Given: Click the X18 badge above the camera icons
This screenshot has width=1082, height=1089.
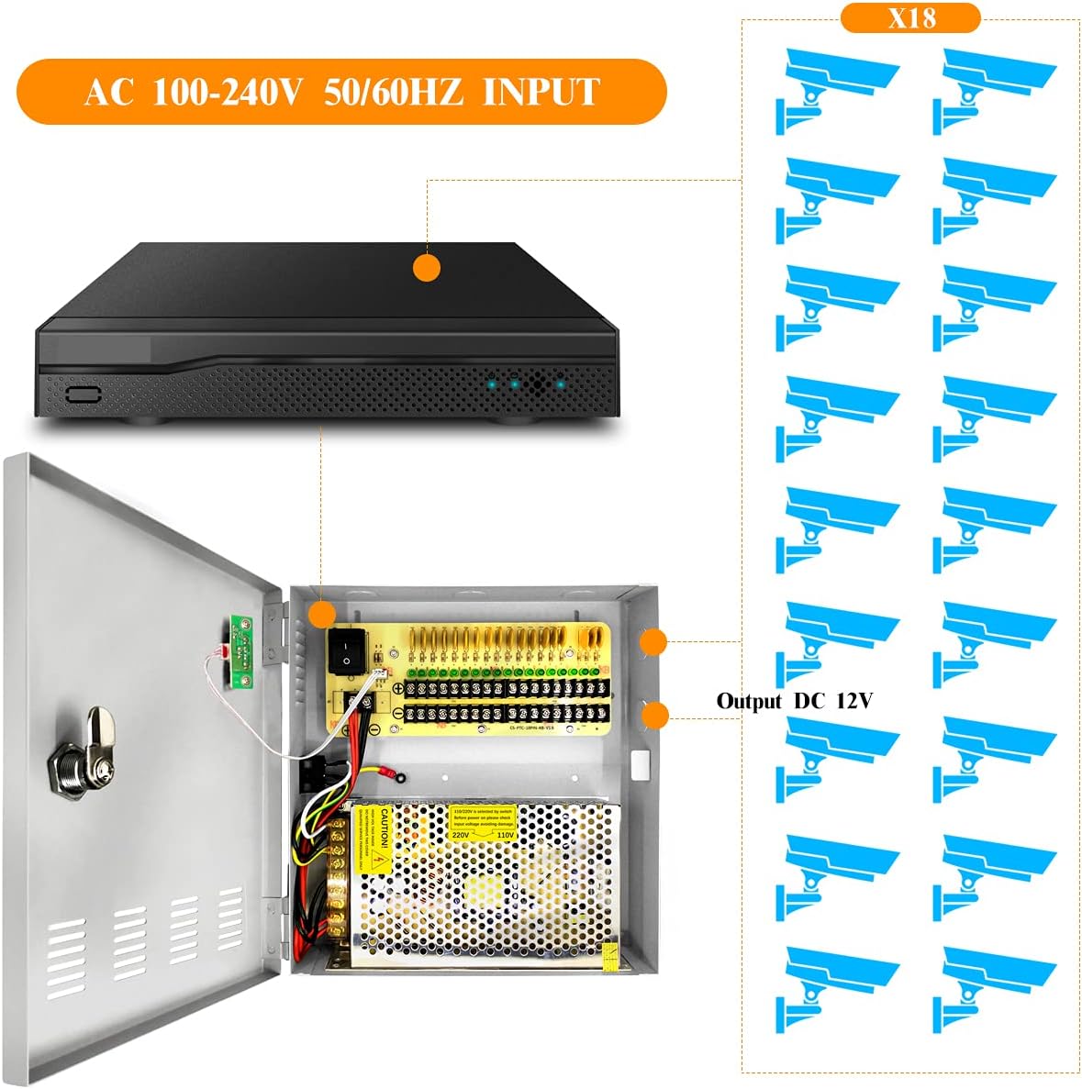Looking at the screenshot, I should (x=910, y=18).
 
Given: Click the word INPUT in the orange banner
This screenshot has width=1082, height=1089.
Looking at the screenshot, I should (x=541, y=92).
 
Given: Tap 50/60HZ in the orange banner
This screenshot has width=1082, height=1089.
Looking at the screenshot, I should (x=393, y=92).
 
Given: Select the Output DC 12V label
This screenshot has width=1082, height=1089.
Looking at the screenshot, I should (x=794, y=701).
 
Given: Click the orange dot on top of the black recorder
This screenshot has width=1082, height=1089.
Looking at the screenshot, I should (x=427, y=268).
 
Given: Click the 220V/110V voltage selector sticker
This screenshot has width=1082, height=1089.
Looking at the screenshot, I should (x=483, y=824).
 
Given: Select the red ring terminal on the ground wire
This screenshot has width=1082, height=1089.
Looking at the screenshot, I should (x=399, y=777).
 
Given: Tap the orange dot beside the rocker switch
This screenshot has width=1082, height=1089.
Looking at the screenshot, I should (x=322, y=614).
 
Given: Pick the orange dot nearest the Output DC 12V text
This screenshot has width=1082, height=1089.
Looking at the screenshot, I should (x=654, y=714).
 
